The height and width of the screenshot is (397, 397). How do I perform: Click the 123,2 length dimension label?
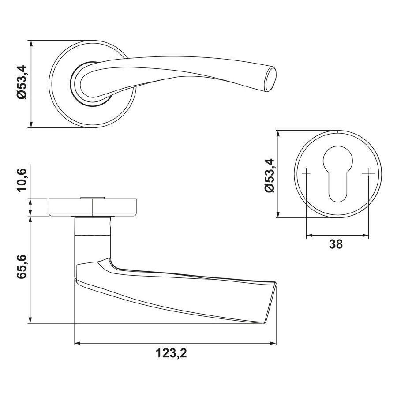(172, 353)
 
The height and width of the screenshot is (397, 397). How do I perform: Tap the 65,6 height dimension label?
(22, 267)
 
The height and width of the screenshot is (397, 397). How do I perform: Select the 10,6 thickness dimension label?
(22, 180)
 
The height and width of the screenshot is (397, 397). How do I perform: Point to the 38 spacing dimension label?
(336, 244)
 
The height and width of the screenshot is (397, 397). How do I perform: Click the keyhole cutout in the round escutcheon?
(338, 174)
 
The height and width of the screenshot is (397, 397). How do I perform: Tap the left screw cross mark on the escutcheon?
(307, 173)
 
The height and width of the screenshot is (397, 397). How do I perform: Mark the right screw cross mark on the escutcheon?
(368, 173)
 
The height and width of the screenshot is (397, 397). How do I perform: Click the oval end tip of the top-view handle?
(271, 79)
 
